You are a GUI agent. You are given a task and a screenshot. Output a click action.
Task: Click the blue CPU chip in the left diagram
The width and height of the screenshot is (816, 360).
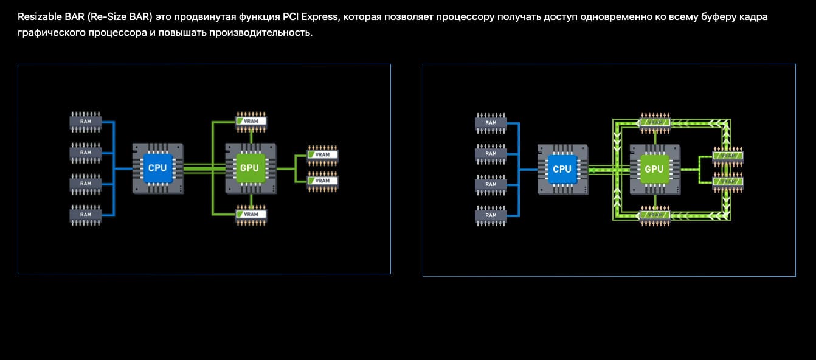tap(157, 168)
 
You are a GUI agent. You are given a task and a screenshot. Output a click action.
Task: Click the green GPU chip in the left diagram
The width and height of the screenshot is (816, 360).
tap(250, 168)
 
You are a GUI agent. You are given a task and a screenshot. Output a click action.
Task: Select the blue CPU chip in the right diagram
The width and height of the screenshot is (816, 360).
tap(562, 169)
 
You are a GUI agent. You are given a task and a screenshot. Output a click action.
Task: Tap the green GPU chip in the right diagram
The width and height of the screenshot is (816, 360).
tap(654, 169)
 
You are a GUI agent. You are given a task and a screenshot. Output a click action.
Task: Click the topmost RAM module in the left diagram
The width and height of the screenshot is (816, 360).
tap(86, 121)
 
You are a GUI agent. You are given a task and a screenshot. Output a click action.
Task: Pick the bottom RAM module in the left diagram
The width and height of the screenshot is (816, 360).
tap(86, 215)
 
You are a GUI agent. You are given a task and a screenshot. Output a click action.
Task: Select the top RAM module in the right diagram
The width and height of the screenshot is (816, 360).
tap(491, 122)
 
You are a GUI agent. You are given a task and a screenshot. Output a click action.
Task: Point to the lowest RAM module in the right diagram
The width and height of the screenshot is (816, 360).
tap(491, 215)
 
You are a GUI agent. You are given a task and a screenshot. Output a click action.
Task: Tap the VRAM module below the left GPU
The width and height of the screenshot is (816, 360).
tap(251, 214)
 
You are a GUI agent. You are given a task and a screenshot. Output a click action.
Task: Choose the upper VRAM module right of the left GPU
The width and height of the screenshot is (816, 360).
tap(322, 154)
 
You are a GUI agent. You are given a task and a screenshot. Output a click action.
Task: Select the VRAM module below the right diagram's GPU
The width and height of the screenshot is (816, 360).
tap(655, 215)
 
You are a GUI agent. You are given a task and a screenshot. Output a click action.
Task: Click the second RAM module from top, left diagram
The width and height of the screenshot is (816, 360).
tap(86, 152)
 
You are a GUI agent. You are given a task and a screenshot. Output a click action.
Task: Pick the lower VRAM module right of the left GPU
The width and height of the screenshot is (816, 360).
tap(322, 181)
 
